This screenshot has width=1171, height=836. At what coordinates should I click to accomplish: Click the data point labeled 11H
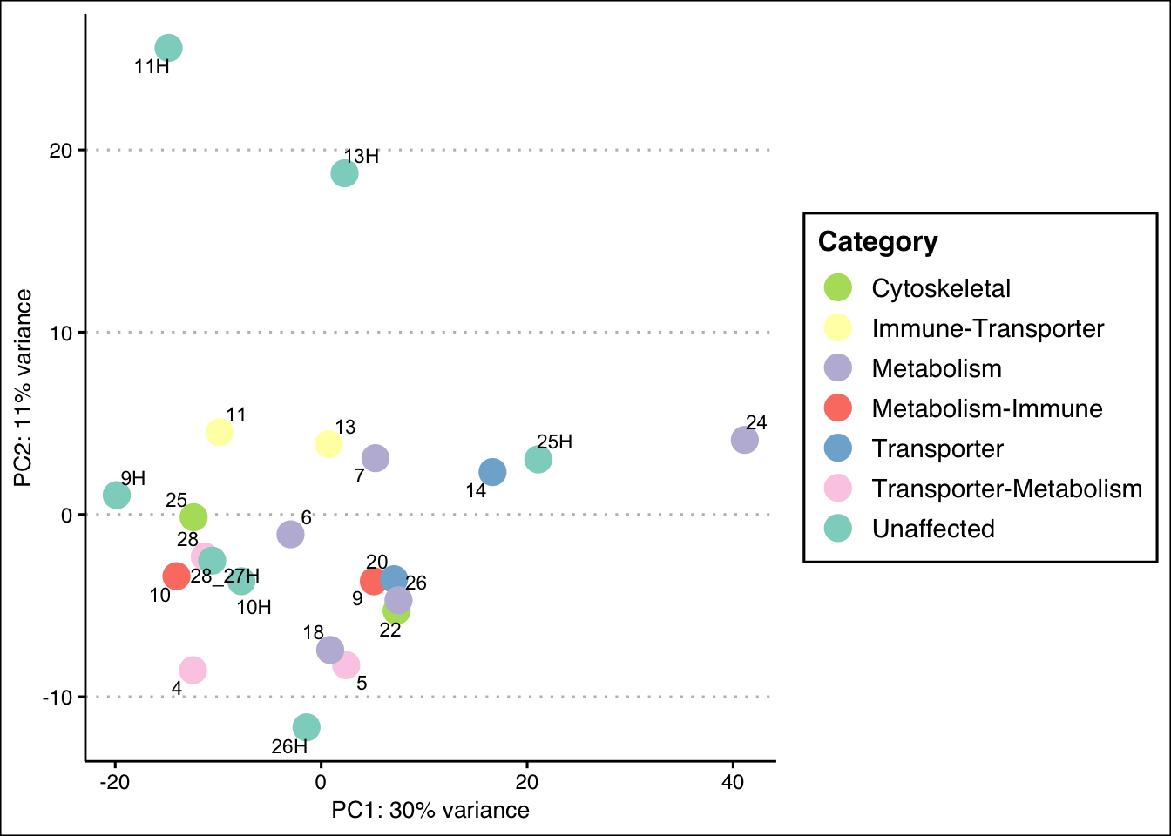pyautogui.click(x=168, y=48)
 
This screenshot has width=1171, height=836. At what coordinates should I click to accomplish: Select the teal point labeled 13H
pyautogui.click(x=344, y=173)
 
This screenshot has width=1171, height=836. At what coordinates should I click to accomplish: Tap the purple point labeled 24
pyautogui.click(x=744, y=440)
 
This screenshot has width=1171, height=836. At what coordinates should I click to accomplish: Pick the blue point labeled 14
pyautogui.click(x=492, y=472)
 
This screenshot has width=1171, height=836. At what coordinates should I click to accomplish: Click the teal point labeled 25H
pyautogui.click(x=538, y=459)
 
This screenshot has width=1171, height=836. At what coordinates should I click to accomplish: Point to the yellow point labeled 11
pyautogui.click(x=219, y=432)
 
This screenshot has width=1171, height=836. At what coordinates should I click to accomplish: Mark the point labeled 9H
pyautogui.click(x=117, y=496)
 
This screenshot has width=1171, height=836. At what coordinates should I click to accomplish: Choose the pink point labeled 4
pyautogui.click(x=193, y=670)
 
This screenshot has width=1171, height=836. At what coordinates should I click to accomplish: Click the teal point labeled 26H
pyautogui.click(x=306, y=726)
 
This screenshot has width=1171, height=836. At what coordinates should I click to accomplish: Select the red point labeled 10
pyautogui.click(x=176, y=576)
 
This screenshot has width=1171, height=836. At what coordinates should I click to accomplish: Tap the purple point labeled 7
pyautogui.click(x=375, y=458)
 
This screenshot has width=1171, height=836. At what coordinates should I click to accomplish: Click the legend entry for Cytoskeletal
pyautogui.click(x=941, y=288)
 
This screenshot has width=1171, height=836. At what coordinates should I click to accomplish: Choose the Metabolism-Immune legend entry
pyautogui.click(x=986, y=408)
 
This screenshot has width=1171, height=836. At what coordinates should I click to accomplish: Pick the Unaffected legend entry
pyautogui.click(x=932, y=529)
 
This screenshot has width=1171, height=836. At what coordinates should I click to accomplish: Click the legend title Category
pyautogui.click(x=877, y=242)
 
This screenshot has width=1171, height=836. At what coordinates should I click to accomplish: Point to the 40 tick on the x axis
pyautogui.click(x=733, y=782)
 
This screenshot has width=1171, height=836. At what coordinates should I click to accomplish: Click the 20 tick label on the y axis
pyautogui.click(x=60, y=151)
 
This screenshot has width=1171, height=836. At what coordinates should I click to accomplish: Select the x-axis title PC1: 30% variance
pyautogui.click(x=430, y=811)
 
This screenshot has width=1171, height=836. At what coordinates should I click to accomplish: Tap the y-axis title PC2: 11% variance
pyautogui.click(x=24, y=388)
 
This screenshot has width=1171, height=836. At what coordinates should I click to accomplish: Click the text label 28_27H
pyautogui.click(x=225, y=576)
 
